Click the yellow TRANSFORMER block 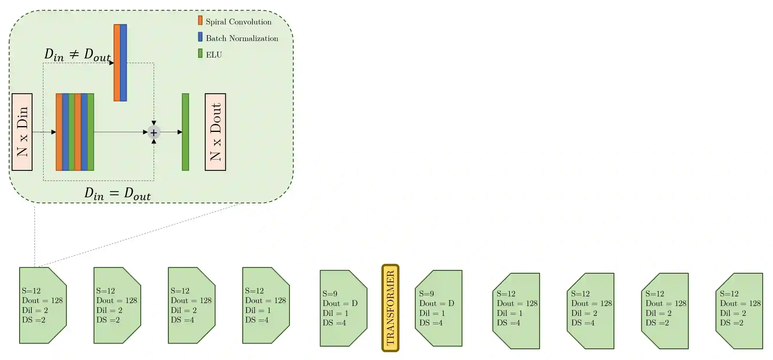tap(390, 308)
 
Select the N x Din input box tap(22, 132)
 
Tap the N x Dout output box tap(215, 132)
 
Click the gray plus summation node tap(154, 132)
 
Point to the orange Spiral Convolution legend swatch tap(200, 20)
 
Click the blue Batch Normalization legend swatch tap(200, 37)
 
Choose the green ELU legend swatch tap(200, 53)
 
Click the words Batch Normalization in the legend tap(242, 38)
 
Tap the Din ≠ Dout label tap(78, 55)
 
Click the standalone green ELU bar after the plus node tap(185, 132)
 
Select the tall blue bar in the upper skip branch tap(123, 62)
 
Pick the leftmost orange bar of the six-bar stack tap(59, 132)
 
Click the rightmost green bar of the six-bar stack tap(91, 132)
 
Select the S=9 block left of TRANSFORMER tap(343, 308)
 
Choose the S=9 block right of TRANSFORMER tap(439, 308)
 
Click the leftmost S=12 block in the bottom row tap(43, 305)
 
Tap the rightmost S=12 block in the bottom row tap(739, 311)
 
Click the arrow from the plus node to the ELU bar tap(171, 132)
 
